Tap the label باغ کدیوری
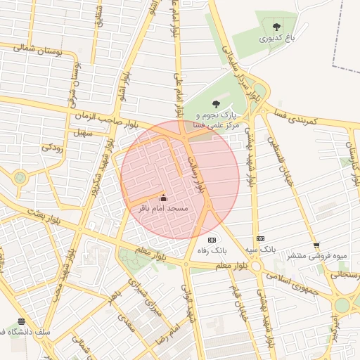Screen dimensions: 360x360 [x=276, y=39]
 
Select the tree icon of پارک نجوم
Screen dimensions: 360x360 [x=215, y=104]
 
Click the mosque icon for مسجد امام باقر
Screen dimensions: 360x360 [x=164, y=198]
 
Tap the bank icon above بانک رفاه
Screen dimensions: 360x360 [x=212, y=240]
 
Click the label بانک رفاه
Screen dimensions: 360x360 [x=212, y=251]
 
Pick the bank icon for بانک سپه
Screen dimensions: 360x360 [x=260, y=238]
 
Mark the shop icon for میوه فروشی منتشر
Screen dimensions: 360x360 [x=316, y=245]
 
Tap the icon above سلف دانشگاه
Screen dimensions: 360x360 [x=21, y=321]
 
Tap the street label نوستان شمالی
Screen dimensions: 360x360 [x=38, y=50]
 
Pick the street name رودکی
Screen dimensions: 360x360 [x=53, y=148]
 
